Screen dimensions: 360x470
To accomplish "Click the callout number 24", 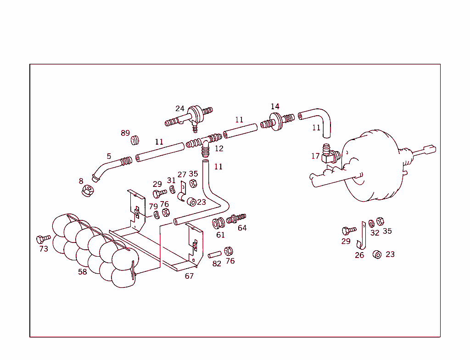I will tap(179, 109).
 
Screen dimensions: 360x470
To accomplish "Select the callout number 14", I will tap(274, 107).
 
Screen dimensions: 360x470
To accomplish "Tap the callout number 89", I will tap(125, 133).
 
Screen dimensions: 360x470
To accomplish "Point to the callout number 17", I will tap(315, 156).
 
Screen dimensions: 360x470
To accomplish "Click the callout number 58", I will tap(82, 272).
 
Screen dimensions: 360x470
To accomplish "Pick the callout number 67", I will tap(189, 276).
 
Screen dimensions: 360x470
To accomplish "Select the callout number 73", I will tap(44, 249).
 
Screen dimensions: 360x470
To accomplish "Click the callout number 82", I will tap(217, 264).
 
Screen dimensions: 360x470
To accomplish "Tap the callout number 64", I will tap(242, 228).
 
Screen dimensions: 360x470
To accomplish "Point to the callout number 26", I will tap(359, 255).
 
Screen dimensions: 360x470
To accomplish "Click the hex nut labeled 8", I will tap(87, 190).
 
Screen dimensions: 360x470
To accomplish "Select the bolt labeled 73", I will tap(43, 239).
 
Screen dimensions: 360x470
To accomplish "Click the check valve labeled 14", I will tap(275, 122).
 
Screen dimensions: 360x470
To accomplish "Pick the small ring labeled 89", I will tap(135, 140).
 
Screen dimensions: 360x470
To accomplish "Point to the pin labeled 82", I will tap(215, 254).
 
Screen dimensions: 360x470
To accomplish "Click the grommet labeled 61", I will tap(218, 224).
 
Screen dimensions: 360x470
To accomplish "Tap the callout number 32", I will tap(375, 233).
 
